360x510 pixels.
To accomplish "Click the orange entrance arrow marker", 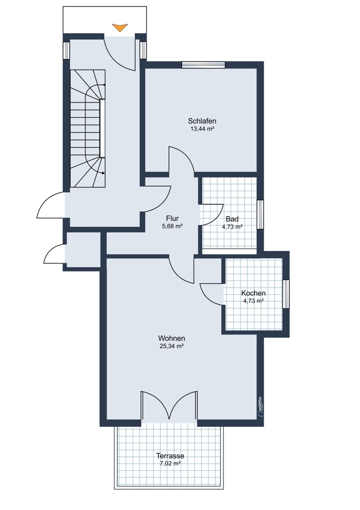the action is coord(120,28).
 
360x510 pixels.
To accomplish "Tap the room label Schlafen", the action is coord(202,121).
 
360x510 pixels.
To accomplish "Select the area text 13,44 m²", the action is coord(202,129).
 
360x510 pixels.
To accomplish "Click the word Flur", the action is coord(172,218).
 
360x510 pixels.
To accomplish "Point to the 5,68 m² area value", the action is coord(172,226).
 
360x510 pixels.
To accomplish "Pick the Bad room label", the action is coord(232,219).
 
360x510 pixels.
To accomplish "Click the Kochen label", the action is coord(253,293).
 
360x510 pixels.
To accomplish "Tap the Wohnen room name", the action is coord(172,338).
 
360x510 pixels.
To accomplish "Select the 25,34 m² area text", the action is coord(172,346).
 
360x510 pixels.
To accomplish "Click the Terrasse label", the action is coord(170,455).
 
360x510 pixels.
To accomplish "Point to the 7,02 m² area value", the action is coord(170,464).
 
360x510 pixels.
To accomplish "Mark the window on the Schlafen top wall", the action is coord(203,65).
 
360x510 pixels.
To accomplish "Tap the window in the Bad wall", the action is coord(260,215).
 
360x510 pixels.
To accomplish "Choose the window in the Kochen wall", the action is coord(286,294).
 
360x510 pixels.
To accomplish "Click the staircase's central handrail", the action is coord(102,129).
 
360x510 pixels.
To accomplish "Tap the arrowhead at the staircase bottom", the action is coord(104,173).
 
